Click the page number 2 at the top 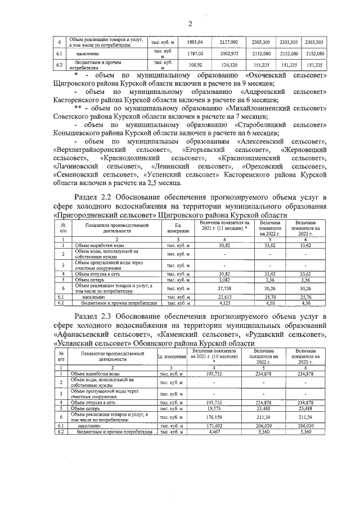[190, 23]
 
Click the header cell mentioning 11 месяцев [224, 226]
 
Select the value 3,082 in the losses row [224, 279]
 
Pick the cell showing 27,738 [224, 287]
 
